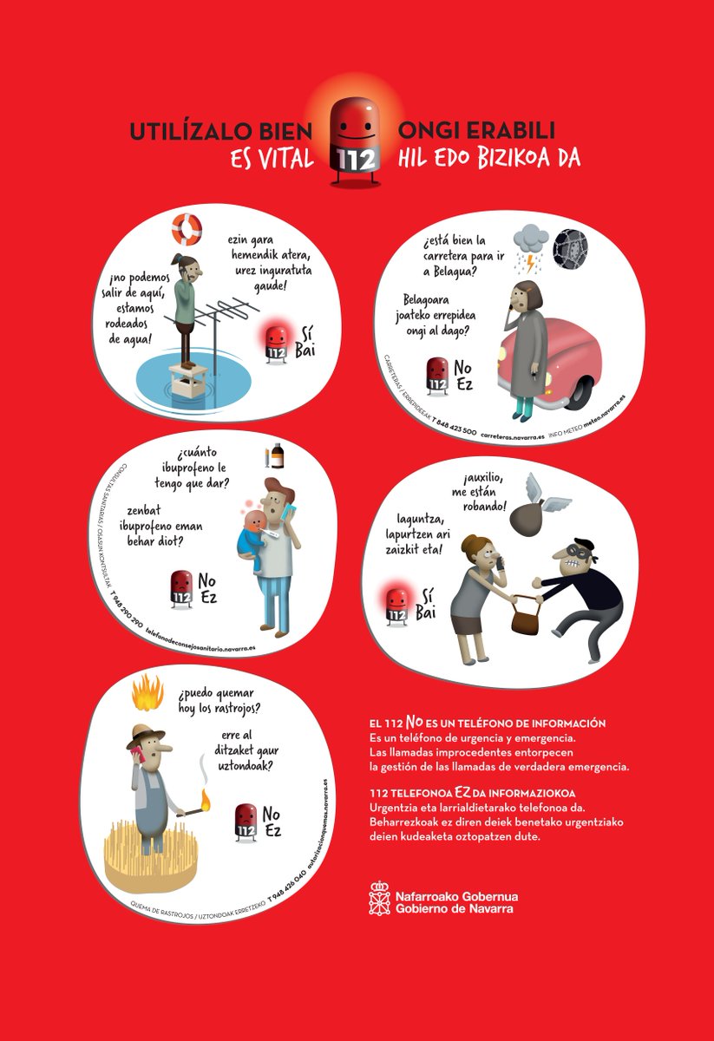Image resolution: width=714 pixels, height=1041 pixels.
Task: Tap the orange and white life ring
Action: tap(186, 229)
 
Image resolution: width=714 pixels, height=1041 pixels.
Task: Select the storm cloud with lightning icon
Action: tap(530, 240)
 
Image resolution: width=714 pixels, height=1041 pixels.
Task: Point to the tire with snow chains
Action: tap(570, 247)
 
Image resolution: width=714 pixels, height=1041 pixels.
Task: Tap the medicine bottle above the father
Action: tap(276, 455)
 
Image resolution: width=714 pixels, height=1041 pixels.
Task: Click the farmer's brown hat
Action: tap(146, 738)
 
